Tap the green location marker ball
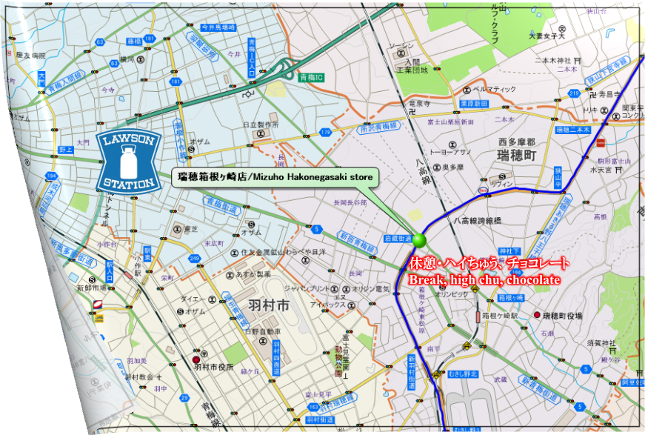(x=421, y=240)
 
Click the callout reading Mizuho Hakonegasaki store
(x=275, y=177)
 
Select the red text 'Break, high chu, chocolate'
(x=484, y=279)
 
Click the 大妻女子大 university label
(x=547, y=35)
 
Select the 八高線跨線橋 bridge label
(x=478, y=220)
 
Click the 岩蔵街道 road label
(x=397, y=239)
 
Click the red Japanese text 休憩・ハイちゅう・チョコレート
(x=489, y=263)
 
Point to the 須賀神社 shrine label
(x=601, y=342)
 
